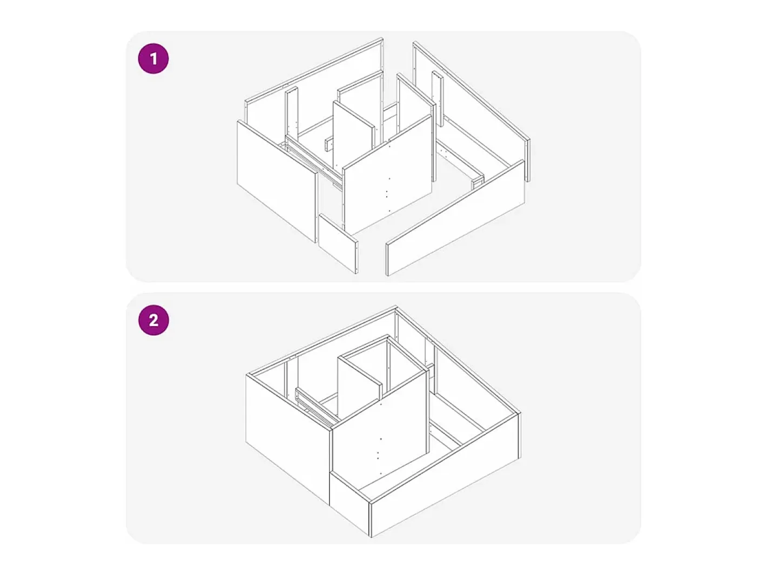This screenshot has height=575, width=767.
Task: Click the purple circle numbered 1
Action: pyautogui.click(x=153, y=58)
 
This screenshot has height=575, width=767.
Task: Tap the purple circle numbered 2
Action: pyautogui.click(x=153, y=320)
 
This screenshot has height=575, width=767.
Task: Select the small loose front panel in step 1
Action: pyautogui.click(x=338, y=243)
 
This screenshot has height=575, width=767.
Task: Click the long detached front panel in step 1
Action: pyautogui.click(x=455, y=218)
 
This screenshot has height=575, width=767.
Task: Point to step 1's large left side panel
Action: pyautogui.click(x=277, y=181)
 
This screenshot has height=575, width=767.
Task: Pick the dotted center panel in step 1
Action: pyautogui.click(x=387, y=174)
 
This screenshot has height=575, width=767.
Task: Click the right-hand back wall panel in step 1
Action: pyautogui.click(x=472, y=112)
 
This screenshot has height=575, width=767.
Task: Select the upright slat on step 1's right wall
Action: pyautogui.click(x=438, y=98)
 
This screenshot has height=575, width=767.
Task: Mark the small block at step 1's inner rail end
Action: pyautogui.click(x=477, y=182)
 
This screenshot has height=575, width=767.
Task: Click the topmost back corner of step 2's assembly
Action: pyautogui.click(x=396, y=306)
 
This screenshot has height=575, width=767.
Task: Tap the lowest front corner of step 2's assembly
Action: pyautogui.click(x=371, y=537)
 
